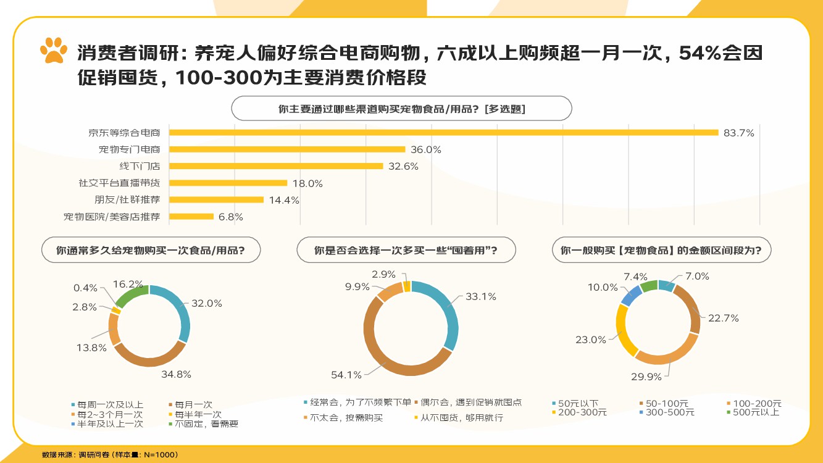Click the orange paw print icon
[54, 50]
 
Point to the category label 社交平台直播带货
[119, 183]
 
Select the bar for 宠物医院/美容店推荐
[191, 217]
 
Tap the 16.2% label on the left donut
[128, 285]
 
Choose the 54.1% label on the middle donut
[346, 375]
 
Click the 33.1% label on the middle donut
[481, 297]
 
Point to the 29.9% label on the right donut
[646, 376]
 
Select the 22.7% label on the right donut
[724, 318]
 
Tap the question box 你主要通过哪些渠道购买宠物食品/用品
[401, 109]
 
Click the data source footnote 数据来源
[110, 455]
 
